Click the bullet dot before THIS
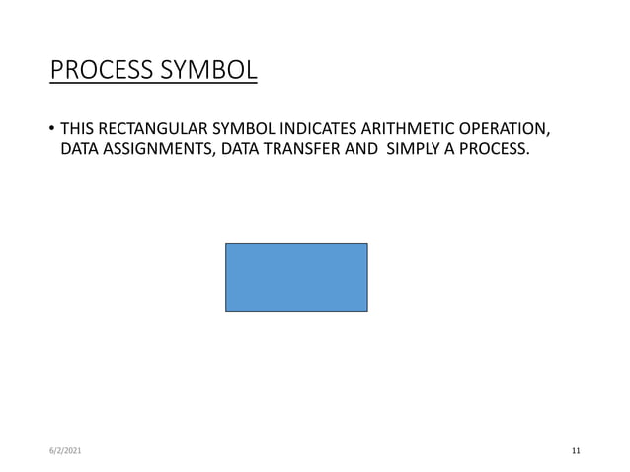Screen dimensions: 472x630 click(x=51, y=130)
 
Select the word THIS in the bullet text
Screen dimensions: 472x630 click(x=77, y=130)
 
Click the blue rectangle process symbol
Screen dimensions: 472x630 click(x=296, y=277)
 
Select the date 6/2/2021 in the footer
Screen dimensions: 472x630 click(x=66, y=451)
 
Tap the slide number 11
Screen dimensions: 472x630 click(x=576, y=451)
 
